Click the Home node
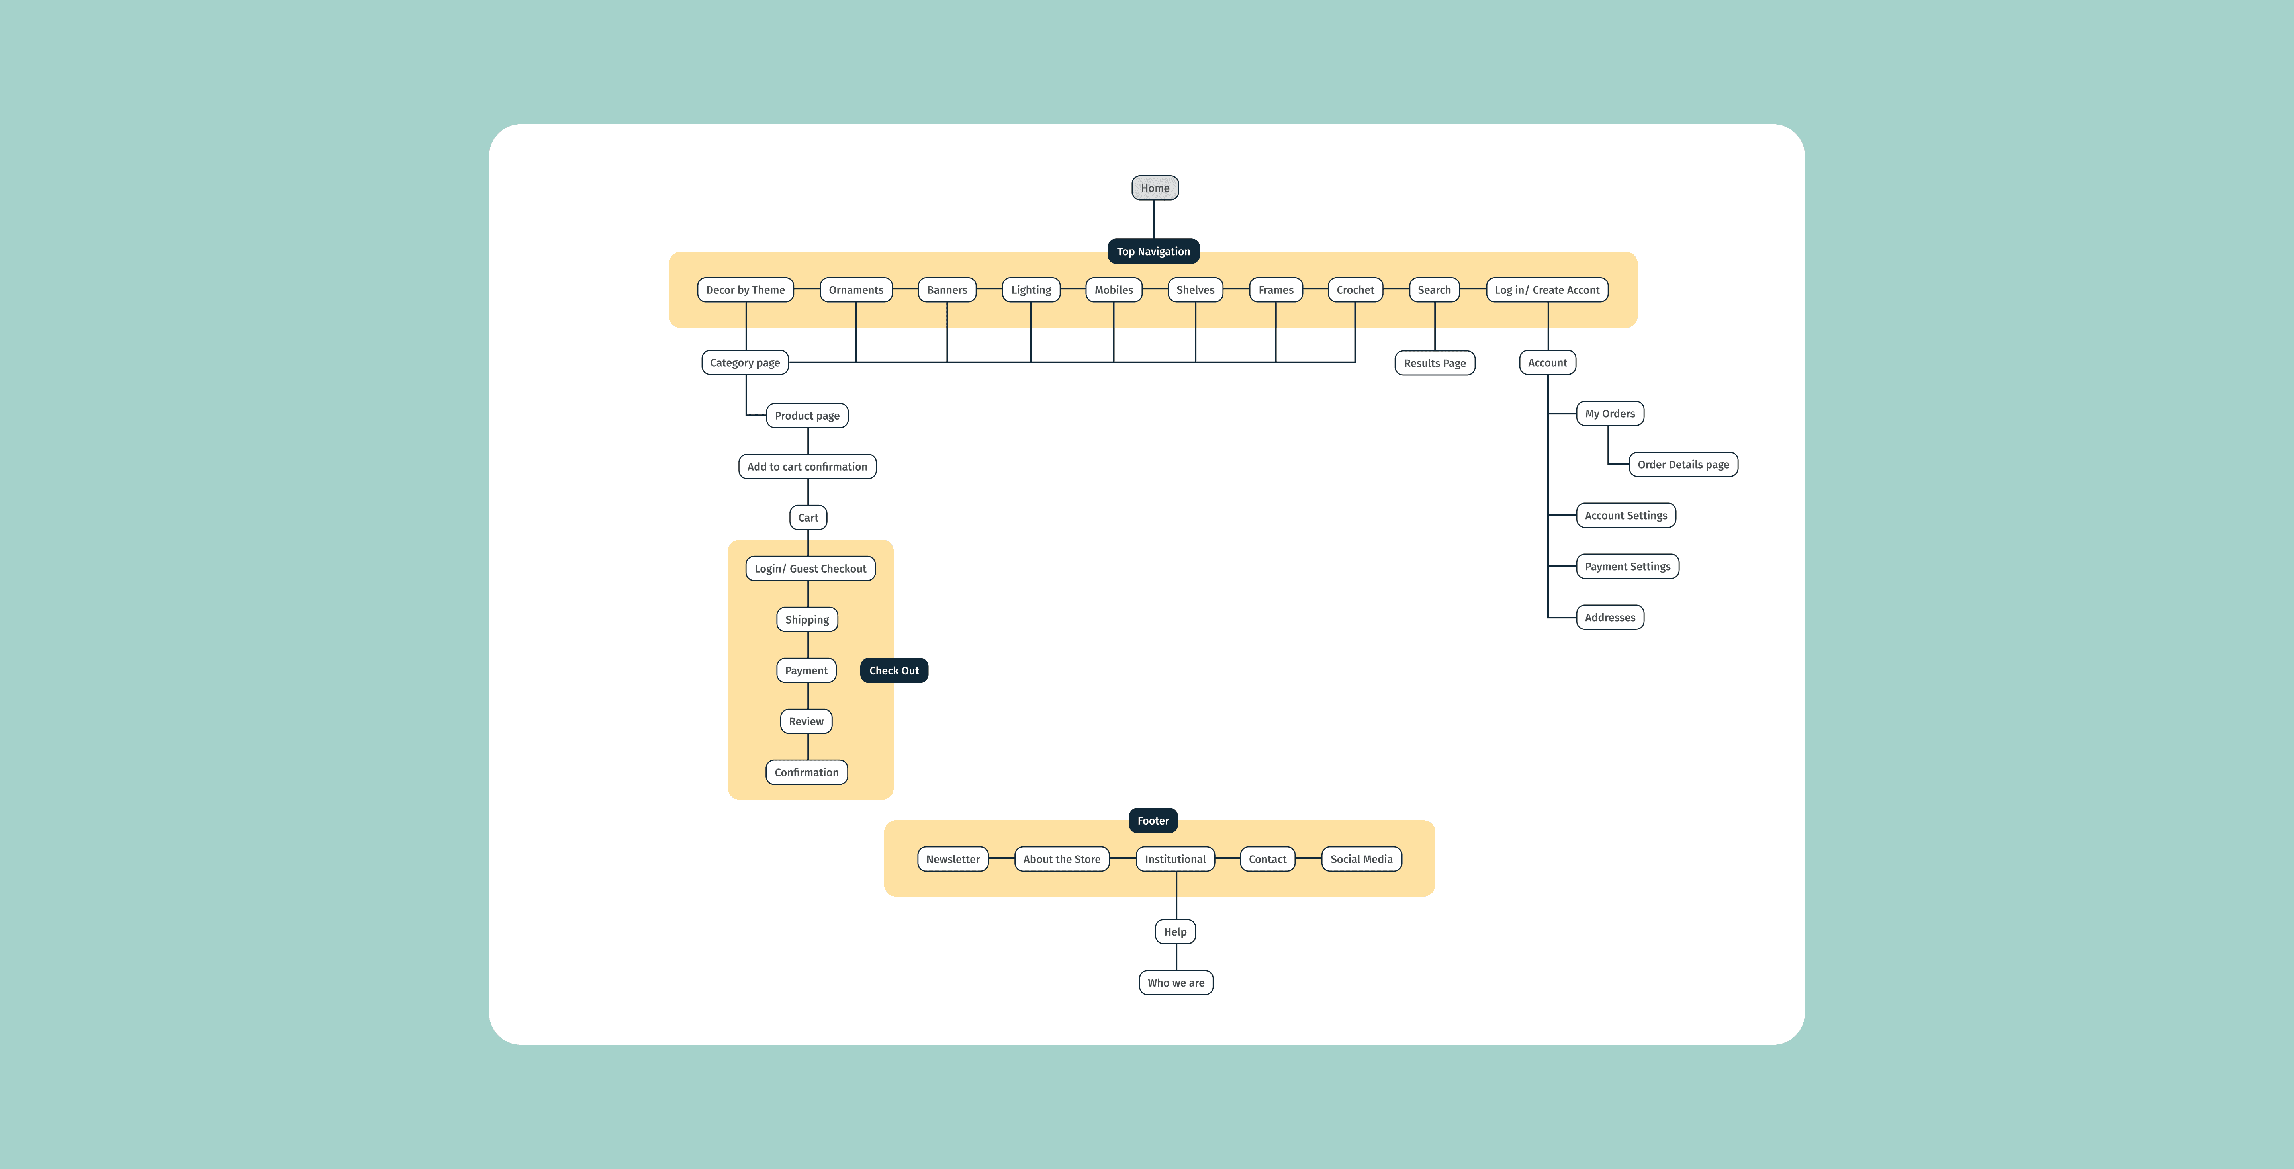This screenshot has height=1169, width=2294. click(x=1155, y=188)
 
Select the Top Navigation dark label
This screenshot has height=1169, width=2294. click(x=1153, y=251)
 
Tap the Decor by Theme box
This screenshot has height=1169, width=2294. click(x=746, y=289)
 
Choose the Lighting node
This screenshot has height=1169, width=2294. click(x=1031, y=289)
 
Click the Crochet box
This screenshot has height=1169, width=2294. click(x=1355, y=289)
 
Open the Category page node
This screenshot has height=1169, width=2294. click(x=746, y=362)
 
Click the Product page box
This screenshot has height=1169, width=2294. click(x=807, y=416)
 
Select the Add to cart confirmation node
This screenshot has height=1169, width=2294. click(x=807, y=467)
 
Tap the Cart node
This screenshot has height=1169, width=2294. click(x=808, y=517)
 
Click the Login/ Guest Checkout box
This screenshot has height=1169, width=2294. click(x=810, y=568)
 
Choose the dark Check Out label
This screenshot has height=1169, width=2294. click(x=894, y=671)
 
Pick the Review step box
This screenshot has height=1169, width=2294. click(x=806, y=721)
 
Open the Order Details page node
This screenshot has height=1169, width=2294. click(x=1683, y=464)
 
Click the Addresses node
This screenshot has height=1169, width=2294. click(x=1610, y=617)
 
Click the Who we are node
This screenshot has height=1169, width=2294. click(x=1176, y=983)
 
